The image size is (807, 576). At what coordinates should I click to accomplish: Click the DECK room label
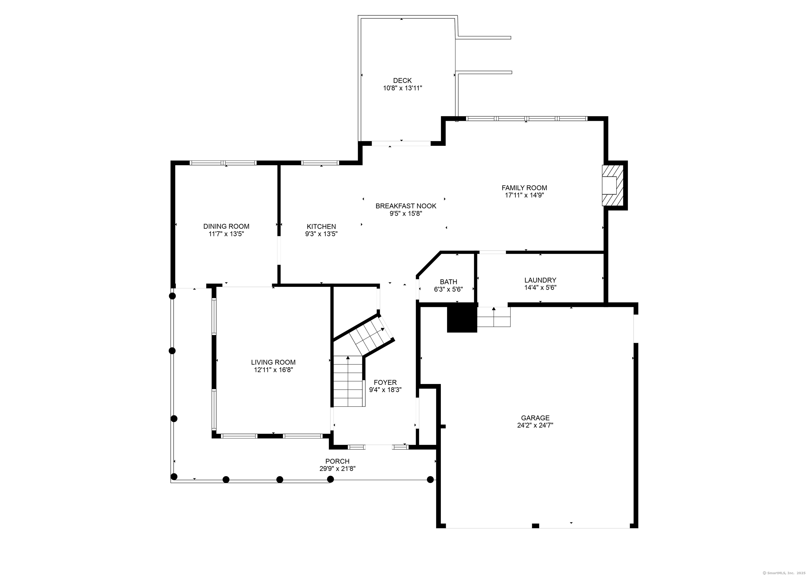tap(402, 81)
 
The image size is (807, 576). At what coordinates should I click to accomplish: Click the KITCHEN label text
tap(321, 226)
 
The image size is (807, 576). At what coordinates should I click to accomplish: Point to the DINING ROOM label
tap(226, 226)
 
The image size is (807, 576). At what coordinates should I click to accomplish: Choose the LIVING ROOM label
tap(273, 362)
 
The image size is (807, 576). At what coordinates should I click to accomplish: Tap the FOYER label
tap(385, 382)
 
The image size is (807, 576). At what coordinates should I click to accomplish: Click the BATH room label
tap(448, 282)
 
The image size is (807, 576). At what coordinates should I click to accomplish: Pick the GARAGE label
tap(535, 418)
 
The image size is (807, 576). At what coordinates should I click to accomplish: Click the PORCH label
tap(337, 461)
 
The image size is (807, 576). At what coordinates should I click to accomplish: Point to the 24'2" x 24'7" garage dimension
tap(535, 425)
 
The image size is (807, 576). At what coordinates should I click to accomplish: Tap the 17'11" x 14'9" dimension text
tap(524, 195)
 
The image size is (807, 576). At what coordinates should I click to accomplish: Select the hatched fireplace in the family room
tap(613, 185)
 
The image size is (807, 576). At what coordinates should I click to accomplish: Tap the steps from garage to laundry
tap(494, 317)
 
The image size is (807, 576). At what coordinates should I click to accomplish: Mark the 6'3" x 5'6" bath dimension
tap(448, 289)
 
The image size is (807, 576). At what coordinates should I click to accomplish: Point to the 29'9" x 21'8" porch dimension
tap(337, 469)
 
